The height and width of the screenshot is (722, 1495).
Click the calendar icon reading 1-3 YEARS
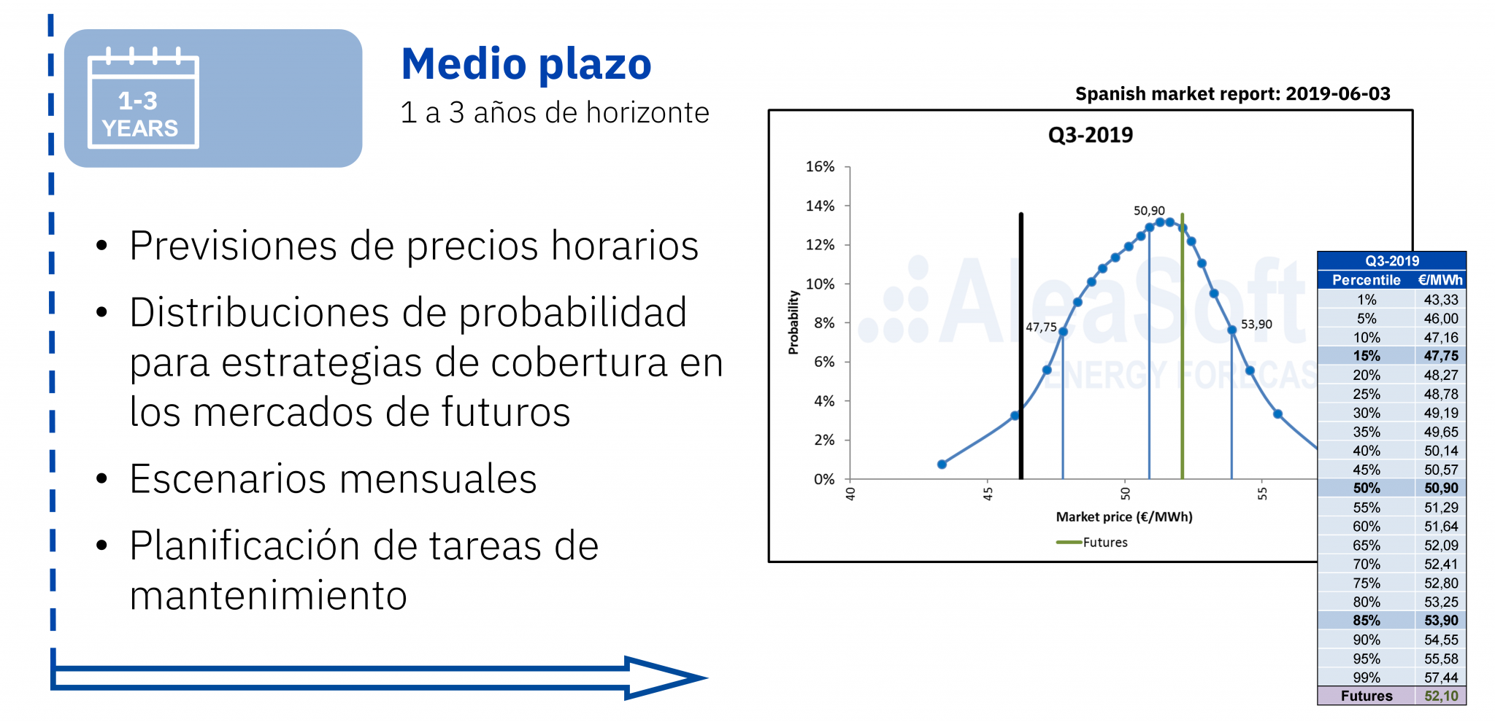click(x=143, y=98)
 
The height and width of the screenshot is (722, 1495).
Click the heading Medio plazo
click(x=526, y=64)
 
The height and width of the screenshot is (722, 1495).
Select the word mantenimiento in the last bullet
click(x=268, y=596)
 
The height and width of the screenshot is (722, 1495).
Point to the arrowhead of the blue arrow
click(x=664, y=678)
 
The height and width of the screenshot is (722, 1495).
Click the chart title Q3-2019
click(x=1091, y=135)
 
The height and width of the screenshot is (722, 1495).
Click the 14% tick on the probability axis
click(x=820, y=206)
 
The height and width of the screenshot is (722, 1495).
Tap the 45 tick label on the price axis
click(x=988, y=494)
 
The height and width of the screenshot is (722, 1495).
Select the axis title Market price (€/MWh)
click(x=1124, y=517)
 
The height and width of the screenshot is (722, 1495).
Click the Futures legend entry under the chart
click(x=1092, y=543)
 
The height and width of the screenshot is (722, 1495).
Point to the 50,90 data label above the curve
click(x=1149, y=211)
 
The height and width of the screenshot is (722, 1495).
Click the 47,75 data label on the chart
click(x=1041, y=327)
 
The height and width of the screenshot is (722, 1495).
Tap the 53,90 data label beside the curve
click(x=1256, y=325)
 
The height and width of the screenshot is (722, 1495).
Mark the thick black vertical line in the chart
click(x=1021, y=346)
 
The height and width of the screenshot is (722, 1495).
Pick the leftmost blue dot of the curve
click(x=942, y=465)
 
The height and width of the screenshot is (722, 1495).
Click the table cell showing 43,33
click(x=1441, y=300)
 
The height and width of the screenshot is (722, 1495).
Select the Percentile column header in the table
click(x=1367, y=280)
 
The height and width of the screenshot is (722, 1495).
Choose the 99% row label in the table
click(x=1367, y=678)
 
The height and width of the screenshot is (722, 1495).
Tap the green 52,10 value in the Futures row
click(x=1441, y=696)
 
